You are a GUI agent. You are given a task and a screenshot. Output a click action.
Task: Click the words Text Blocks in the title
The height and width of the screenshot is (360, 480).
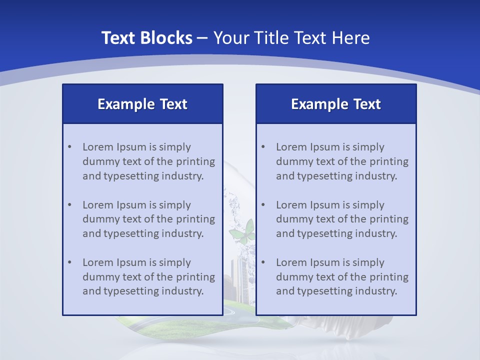146,38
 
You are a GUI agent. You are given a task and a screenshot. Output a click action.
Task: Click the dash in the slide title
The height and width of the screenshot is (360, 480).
202,38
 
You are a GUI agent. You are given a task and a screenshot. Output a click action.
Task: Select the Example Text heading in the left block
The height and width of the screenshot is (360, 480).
142,104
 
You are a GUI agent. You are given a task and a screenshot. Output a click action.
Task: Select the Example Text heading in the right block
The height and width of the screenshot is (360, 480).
336,104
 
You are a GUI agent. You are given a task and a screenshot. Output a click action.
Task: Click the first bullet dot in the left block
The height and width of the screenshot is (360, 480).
69,147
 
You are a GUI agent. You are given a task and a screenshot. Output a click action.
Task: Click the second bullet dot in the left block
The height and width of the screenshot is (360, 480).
69,205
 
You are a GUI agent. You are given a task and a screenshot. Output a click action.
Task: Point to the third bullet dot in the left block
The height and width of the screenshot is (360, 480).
69,262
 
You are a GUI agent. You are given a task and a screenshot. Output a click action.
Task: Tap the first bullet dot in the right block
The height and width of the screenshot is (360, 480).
263,147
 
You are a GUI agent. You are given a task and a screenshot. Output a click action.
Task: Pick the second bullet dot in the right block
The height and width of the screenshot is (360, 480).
263,205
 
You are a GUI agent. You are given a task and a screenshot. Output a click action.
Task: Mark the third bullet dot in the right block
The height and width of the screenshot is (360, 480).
263,262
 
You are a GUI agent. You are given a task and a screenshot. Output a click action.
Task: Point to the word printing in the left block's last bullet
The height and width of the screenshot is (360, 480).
195,277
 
